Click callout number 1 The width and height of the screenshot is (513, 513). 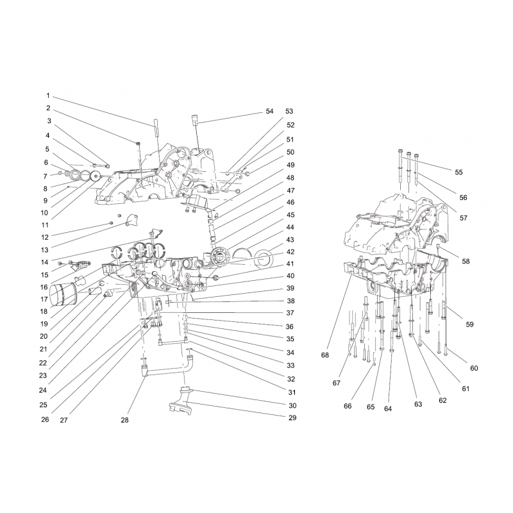[x=47, y=96]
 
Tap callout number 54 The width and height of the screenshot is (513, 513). [x=269, y=112]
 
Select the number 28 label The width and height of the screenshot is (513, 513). [x=124, y=420]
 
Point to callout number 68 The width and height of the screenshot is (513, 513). [x=325, y=355]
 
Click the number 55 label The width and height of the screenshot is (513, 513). [x=458, y=172]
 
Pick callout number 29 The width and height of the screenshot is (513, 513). [x=292, y=418]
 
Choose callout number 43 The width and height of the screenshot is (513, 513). [x=290, y=240]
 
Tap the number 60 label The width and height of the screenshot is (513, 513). [x=474, y=368]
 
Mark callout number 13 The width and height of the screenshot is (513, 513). [x=44, y=250]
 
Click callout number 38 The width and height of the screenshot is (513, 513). [x=290, y=301]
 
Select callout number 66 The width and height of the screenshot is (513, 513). [x=348, y=406]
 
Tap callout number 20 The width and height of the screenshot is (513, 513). [x=44, y=336]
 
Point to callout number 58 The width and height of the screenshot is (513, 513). [x=466, y=262]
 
